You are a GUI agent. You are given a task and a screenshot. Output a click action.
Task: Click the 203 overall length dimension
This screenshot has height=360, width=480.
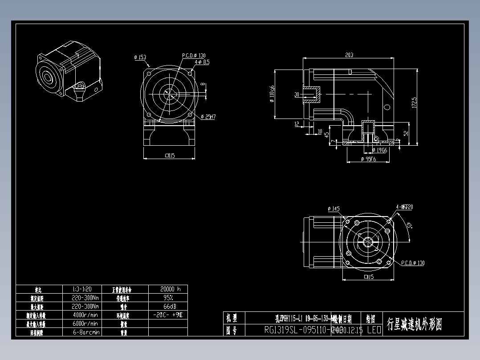[349, 55]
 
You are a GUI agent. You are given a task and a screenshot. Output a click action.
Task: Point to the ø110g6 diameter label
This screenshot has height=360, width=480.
[271, 94]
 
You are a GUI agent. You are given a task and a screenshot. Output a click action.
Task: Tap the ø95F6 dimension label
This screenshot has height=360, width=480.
[368, 159]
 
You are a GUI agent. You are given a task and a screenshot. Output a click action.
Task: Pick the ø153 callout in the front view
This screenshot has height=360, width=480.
[140, 57]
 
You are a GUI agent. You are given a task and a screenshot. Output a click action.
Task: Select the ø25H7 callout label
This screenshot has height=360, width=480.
[208, 117]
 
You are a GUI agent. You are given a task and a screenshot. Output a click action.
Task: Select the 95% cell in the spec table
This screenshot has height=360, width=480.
[168, 297]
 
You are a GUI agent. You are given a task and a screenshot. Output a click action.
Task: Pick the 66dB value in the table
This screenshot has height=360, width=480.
[168, 306]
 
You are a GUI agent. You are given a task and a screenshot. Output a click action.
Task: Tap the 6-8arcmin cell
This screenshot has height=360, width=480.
[85, 332]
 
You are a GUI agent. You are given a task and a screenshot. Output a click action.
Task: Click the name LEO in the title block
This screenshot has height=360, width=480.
[374, 330]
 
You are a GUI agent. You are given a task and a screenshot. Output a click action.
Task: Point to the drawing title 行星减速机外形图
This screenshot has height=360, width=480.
[415, 324]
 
